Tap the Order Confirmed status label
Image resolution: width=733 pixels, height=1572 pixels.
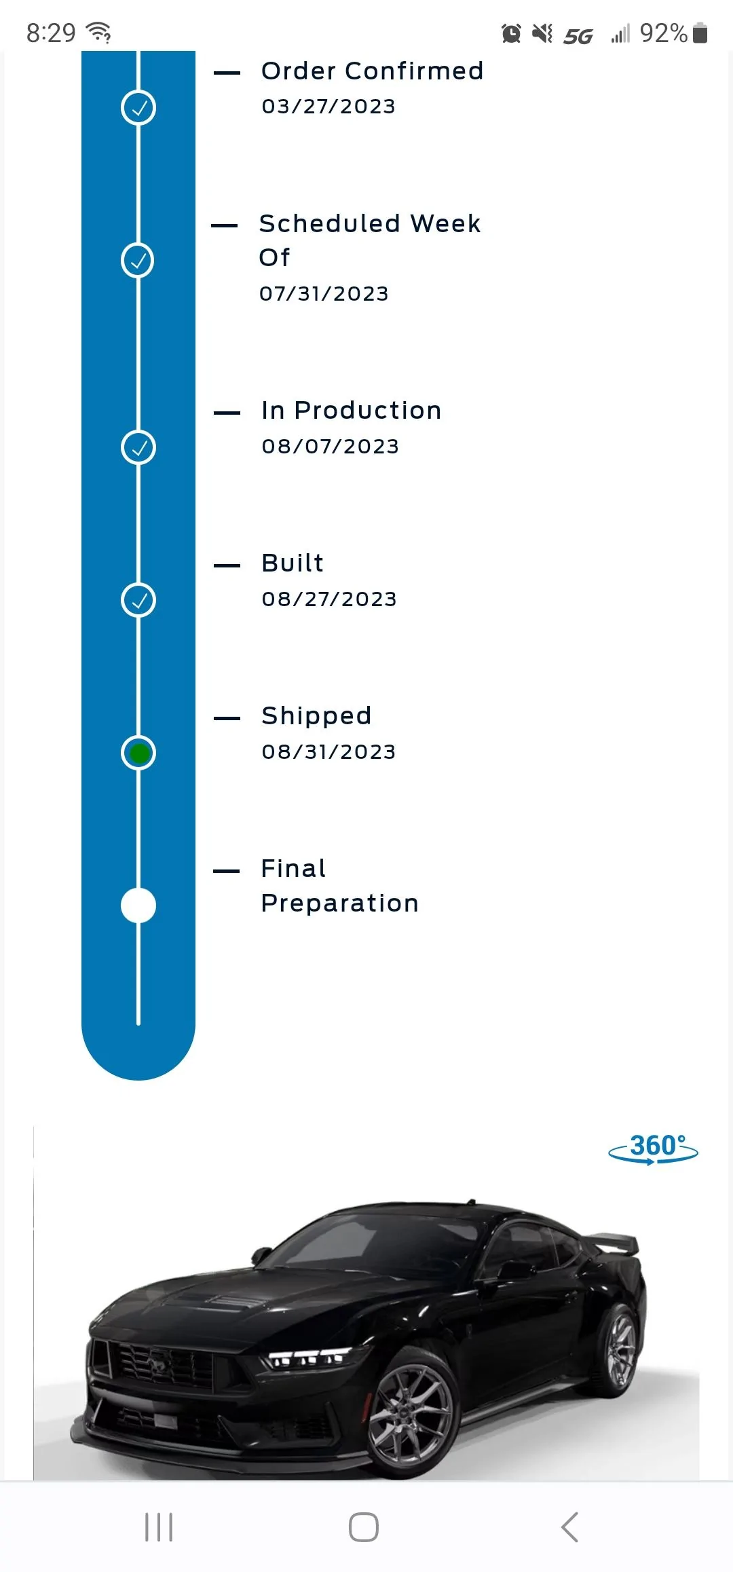point(372,71)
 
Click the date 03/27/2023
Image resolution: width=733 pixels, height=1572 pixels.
point(328,107)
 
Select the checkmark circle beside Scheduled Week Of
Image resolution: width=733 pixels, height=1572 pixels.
point(138,261)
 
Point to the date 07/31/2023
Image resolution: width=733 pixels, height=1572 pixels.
point(324,294)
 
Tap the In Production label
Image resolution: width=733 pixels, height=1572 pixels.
point(352,410)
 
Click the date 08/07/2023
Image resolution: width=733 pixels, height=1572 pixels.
point(331,447)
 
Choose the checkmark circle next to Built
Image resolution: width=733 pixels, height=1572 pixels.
point(138,600)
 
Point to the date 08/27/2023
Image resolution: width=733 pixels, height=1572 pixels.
point(329,599)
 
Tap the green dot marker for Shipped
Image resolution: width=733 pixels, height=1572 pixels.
point(138,753)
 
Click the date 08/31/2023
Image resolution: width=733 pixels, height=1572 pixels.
point(328,752)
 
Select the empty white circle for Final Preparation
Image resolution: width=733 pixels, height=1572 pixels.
point(138,905)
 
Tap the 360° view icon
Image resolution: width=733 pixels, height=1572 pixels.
point(653,1148)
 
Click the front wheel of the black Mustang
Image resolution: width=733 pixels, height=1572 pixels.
point(410,1412)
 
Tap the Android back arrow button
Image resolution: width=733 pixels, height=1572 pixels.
point(570,1527)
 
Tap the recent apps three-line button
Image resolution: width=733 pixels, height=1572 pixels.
point(159,1527)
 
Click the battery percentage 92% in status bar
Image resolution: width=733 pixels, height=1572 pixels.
point(664,33)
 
